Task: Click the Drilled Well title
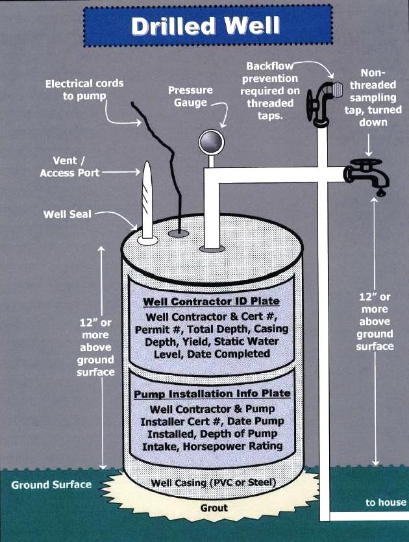tap(205, 26)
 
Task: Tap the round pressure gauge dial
tap(210, 141)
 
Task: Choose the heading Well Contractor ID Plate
tap(211, 302)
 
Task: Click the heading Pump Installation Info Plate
tap(212, 394)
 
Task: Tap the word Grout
tap(214, 508)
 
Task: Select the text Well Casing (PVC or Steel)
tap(214, 483)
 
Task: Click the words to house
tap(385, 502)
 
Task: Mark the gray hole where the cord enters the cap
tap(178, 232)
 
